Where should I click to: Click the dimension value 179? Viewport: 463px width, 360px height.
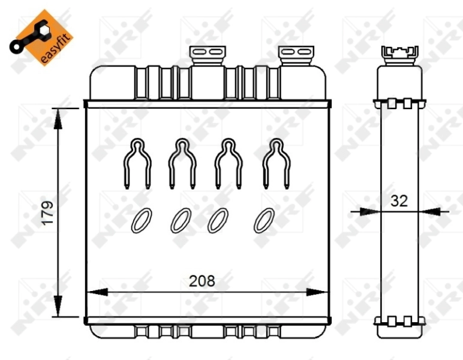tap(47, 212)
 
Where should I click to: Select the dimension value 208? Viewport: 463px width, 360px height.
tap(202, 280)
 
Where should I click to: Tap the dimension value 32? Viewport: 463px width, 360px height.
tap(399, 201)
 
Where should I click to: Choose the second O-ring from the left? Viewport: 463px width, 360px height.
tap(181, 220)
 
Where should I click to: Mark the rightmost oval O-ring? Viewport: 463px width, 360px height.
tap(264, 220)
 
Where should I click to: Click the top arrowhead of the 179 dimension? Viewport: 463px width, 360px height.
tap(58, 118)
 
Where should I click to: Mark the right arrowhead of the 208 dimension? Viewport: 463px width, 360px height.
tap(317, 292)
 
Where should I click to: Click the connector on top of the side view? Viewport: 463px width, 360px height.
tap(399, 53)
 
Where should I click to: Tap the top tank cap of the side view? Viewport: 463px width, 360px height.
tap(399, 81)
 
